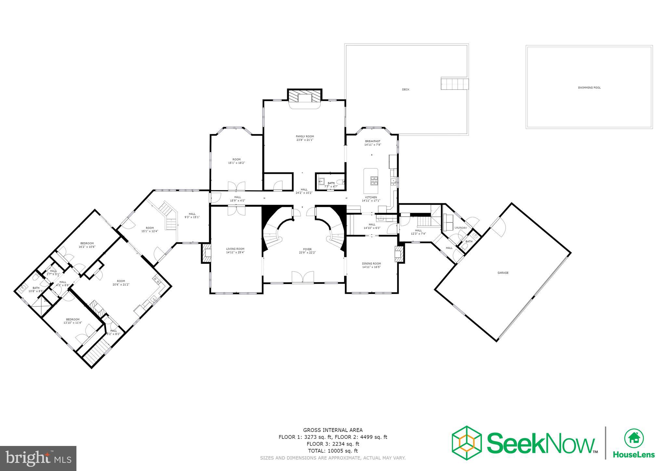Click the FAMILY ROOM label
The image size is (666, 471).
tap(305, 136)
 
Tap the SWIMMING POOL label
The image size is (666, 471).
tap(589, 87)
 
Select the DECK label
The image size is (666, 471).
tap(406, 89)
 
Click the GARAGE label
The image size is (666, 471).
tap(503, 273)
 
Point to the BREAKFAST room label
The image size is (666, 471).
tap(372, 141)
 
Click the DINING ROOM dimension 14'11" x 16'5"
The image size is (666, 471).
tap(371, 267)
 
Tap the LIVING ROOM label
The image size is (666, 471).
tap(235, 249)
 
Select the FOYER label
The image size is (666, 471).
tap(307, 249)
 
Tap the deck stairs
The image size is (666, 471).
tap(455, 84)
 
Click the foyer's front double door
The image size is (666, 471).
tap(303, 277)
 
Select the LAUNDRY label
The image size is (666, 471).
tap(460, 228)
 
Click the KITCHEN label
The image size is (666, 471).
tap(371, 197)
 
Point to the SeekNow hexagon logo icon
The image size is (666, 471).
tap(467, 443)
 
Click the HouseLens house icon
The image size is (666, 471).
tap(634, 438)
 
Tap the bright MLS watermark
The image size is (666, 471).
tap(38, 458)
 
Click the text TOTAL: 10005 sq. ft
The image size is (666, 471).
tap(333, 451)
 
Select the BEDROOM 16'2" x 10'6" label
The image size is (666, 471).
tap(87, 243)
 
